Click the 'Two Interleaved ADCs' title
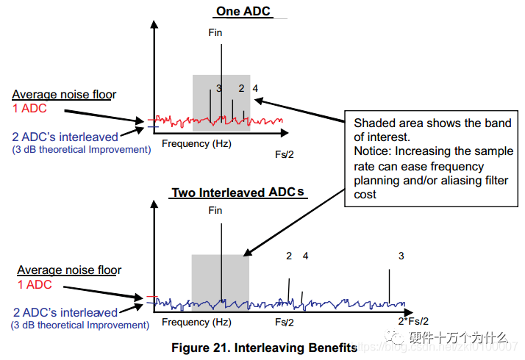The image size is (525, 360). click(237, 193)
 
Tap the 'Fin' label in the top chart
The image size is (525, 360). click(215, 32)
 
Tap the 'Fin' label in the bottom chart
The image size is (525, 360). click(215, 210)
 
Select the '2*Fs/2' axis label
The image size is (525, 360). click(413, 322)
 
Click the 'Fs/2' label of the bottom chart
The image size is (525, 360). click(285, 322)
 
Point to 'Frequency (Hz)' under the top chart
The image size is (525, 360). click(196, 143)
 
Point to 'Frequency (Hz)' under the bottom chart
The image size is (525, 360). click(196, 322)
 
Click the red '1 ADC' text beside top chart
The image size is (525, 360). click(32, 109)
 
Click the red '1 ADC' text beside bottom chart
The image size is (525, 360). click(35, 284)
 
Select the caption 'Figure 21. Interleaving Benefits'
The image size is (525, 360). click(264, 347)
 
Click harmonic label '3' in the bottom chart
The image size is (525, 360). click(401, 256)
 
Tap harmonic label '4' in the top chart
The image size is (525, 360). click(255, 88)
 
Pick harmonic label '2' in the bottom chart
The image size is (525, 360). click(289, 256)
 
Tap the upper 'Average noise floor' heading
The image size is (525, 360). click(64, 94)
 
